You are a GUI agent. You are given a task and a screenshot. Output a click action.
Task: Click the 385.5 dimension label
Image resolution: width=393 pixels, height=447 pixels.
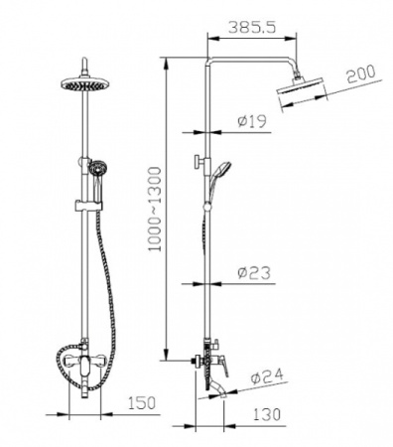coord(252,28)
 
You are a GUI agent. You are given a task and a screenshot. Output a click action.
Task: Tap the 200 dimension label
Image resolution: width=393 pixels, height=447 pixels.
coord(361,74)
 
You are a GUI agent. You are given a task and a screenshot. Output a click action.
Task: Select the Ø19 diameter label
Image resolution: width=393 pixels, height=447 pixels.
coord(252,122)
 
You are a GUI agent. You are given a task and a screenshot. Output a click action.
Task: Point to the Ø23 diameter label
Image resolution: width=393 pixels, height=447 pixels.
coord(254,273)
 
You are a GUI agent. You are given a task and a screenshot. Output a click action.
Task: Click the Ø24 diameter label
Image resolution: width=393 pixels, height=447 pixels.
coord(267,376)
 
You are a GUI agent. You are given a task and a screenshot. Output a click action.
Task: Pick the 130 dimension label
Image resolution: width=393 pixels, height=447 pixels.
coord(267,414)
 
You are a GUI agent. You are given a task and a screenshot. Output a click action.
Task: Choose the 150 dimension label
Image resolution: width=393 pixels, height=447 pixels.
coord(141,403)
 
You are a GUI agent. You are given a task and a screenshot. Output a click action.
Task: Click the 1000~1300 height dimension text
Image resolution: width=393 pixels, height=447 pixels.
coord(155,210)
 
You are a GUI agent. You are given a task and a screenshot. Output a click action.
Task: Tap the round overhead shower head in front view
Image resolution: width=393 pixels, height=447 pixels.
coord(85,83)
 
